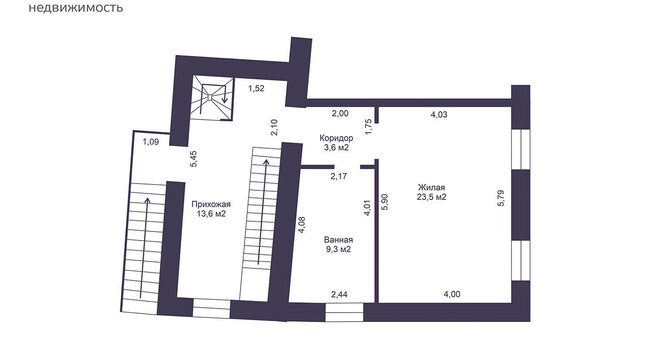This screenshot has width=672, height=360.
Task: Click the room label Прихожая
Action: [211, 204]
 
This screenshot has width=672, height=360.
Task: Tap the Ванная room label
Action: [339, 240]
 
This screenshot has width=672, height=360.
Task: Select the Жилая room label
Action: [432, 188]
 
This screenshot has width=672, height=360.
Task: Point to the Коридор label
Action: [336, 138]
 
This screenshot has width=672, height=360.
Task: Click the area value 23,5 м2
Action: [432, 197]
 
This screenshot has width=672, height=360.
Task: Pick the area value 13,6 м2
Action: [211, 214]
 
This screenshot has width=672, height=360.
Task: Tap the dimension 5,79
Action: [501, 198]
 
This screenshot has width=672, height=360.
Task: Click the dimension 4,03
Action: [439, 114]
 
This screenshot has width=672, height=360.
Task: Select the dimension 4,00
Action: [452, 294]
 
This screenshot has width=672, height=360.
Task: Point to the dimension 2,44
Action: [339, 294]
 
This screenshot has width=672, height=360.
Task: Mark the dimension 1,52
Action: [256, 89]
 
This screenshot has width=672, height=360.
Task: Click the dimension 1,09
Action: [151, 142]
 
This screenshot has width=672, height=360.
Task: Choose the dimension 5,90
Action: [385, 201]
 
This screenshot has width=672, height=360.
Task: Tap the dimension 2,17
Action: [339, 176]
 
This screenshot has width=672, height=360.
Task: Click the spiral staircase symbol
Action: [212, 99]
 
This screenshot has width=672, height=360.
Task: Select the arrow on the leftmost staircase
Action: [147, 248]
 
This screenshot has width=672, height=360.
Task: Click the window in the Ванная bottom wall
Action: [344, 312]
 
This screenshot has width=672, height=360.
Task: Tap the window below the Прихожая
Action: [212, 309]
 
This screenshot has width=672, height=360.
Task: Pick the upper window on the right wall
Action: [521, 149]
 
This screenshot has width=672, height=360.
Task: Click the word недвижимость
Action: [75, 7]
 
